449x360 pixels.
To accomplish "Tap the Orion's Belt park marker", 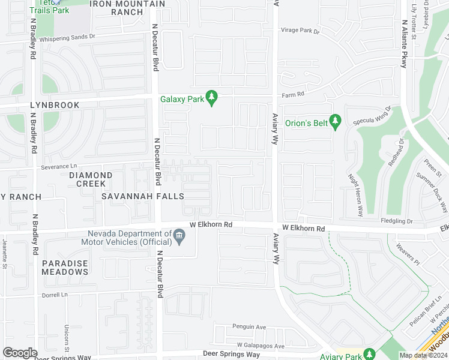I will click(336, 121).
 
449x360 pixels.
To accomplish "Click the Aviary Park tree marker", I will click(369, 354).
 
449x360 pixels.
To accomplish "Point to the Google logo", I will click(20, 353).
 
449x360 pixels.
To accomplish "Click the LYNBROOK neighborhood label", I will click(55, 105).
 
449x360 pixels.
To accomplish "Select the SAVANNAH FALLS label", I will click(142, 196).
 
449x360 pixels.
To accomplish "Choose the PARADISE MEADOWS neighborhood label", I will click(65, 268).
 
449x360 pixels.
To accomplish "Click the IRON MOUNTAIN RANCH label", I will click(127, 8).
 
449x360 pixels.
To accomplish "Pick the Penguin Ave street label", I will click(249, 327).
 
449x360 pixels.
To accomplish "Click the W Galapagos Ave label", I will click(260, 346).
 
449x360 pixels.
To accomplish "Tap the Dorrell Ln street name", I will click(56, 295).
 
